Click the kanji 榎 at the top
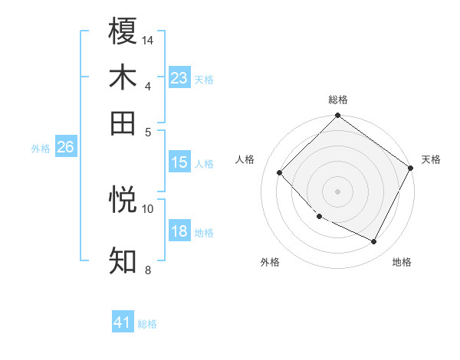123,31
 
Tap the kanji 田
123,123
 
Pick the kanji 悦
123,199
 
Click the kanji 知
123,261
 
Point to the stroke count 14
148,40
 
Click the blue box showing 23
179,78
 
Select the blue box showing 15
179,162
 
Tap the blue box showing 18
179,232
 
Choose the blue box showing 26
65,148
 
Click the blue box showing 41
123,322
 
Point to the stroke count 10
148,208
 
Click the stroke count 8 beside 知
148,270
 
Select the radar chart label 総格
338,100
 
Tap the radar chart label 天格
431,159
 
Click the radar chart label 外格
270,262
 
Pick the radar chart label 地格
402,262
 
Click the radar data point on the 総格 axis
337,116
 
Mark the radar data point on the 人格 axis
280,173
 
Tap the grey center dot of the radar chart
337,191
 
